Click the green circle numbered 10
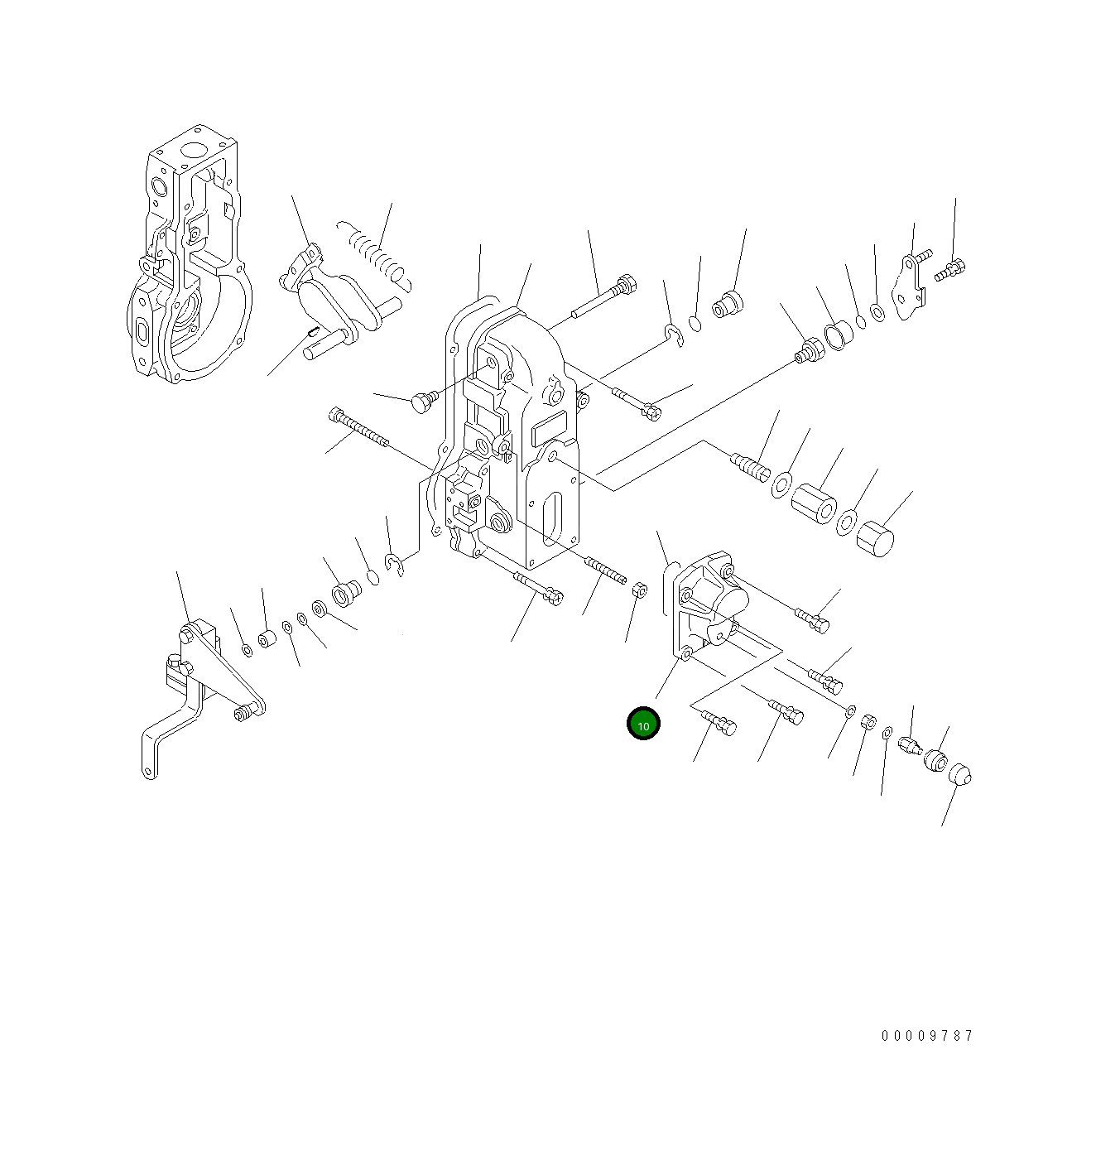pos(643,725)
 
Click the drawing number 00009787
pos(927,1036)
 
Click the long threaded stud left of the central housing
pos(358,428)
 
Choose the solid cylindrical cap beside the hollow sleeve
pos(875,539)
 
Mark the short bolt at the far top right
pos(951,269)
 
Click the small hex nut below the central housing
pos(639,590)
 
